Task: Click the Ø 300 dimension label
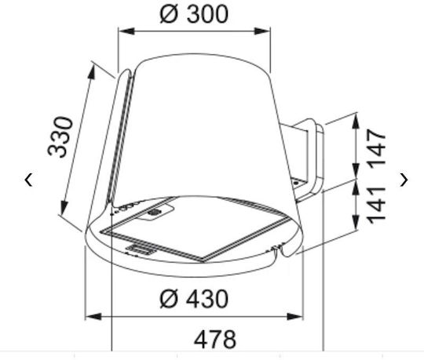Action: tap(194, 14)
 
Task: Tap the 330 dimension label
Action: tap(60, 136)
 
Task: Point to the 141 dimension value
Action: tap(377, 205)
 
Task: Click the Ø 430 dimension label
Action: tap(194, 299)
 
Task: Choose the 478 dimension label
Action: tap(215, 340)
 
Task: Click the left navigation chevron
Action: tap(29, 180)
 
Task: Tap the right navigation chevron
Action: tap(404, 180)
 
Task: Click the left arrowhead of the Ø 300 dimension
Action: tap(126, 31)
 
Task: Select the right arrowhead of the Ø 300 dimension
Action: tap(262, 31)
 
